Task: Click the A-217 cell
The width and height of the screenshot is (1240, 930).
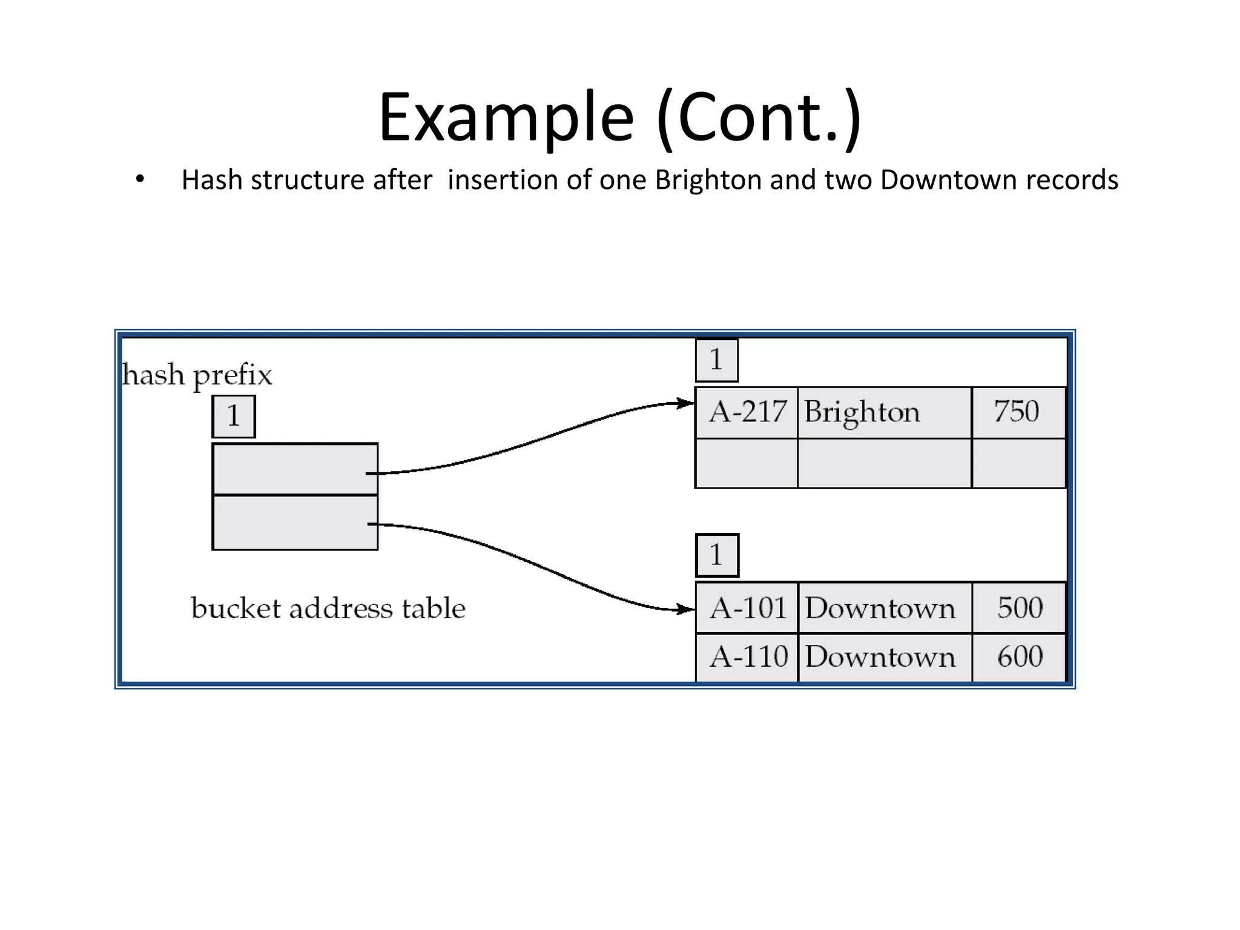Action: pyautogui.click(x=747, y=412)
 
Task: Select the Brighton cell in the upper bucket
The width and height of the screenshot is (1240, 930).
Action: pyautogui.click(x=884, y=412)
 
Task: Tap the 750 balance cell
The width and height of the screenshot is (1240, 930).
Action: pyautogui.click(x=1018, y=412)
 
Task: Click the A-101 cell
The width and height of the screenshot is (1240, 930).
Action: pyautogui.click(x=747, y=608)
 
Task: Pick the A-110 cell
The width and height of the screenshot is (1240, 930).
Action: pyautogui.click(x=747, y=657)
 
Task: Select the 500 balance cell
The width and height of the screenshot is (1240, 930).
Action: pyautogui.click(x=1020, y=608)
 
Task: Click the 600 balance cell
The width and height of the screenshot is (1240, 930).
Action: pyautogui.click(x=1020, y=657)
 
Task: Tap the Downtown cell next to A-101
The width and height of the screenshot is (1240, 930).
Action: pyautogui.click(x=884, y=608)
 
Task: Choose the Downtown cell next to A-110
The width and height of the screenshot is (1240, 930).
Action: pyautogui.click(x=884, y=657)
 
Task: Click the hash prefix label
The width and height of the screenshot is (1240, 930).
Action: pyautogui.click(x=197, y=375)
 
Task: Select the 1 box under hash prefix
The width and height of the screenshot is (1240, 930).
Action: pyautogui.click(x=234, y=417)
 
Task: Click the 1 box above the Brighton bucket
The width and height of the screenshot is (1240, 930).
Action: pyautogui.click(x=716, y=360)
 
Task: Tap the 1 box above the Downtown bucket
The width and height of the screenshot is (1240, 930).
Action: pyautogui.click(x=717, y=555)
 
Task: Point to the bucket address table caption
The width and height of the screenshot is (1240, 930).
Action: pyautogui.click(x=328, y=608)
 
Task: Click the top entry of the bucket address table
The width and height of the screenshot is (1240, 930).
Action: pyautogui.click(x=295, y=469)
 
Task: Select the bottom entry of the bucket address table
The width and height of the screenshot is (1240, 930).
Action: pyautogui.click(x=295, y=523)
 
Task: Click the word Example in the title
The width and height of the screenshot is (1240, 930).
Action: pyautogui.click(x=506, y=117)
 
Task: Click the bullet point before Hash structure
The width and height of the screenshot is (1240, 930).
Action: pyautogui.click(x=140, y=179)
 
